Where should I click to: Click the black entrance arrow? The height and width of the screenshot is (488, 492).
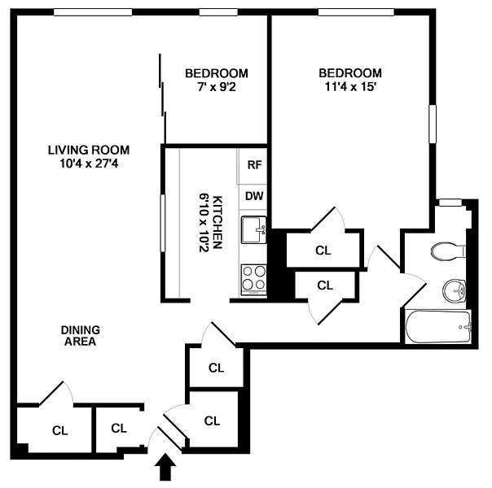coord(165,468)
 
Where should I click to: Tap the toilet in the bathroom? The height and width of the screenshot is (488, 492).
coord(448,251)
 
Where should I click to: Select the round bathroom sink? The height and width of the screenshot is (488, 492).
coord(454,290)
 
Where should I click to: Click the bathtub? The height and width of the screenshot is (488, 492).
coord(438,327)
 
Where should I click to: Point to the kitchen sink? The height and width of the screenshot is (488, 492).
coord(253,229)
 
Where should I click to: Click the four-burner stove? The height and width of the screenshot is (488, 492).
coord(253,280)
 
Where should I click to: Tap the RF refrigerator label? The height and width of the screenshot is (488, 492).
coord(254,165)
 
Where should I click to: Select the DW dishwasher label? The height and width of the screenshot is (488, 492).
coord(254,196)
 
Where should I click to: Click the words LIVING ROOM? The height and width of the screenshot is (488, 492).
coord(89,150)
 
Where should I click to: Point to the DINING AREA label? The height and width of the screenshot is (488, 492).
coord(81,335)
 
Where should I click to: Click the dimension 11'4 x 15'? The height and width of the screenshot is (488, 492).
coord(350,86)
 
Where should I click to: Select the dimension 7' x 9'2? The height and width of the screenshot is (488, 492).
coord(217,87)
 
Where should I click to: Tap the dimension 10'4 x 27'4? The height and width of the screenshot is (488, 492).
coord(89,163)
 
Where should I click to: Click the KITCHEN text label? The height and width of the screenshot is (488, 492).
coord(217,222)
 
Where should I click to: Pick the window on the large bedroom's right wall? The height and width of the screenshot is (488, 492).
coord(433,124)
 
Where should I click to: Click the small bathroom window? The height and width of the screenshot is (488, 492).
coord(450,203)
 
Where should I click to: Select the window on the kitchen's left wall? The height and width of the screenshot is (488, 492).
coord(163,223)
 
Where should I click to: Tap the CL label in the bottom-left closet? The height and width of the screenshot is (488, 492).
coord(60,431)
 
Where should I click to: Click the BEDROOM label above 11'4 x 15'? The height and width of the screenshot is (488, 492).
coord(350,73)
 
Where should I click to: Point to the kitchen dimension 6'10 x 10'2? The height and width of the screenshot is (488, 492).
coord(204,222)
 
